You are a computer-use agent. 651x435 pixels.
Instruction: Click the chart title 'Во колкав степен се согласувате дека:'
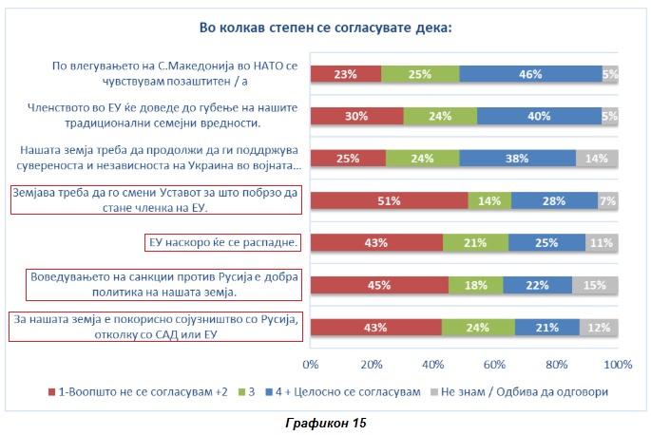[324, 28]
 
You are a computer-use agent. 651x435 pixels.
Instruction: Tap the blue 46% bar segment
[530, 75]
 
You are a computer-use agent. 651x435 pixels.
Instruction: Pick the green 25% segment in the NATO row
[420, 75]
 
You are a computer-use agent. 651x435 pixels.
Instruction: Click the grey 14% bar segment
[597, 159]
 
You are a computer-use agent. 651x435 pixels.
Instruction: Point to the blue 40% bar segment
[539, 117]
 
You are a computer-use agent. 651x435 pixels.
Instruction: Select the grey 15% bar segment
[595, 284]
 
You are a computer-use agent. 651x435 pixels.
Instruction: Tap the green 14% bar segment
[490, 200]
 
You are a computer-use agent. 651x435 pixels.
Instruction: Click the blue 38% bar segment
[518, 159]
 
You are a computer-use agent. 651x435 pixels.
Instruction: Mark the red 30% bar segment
[357, 117]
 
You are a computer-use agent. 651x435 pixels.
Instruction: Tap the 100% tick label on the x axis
[618, 365]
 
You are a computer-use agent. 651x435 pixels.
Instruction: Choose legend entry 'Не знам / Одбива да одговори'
[522, 391]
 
